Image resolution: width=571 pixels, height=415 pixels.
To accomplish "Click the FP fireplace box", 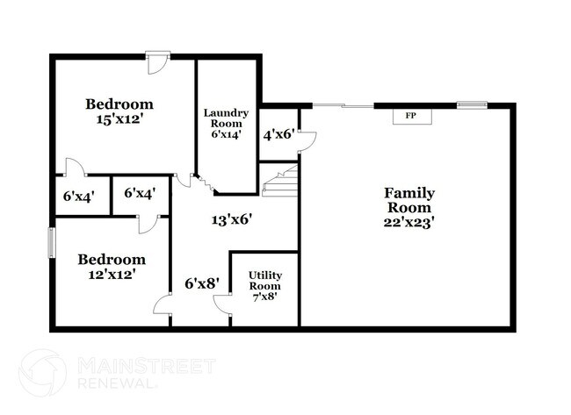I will [409, 117].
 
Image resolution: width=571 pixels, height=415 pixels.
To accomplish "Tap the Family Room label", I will [408, 201].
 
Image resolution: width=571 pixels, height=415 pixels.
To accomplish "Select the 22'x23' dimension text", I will [408, 224].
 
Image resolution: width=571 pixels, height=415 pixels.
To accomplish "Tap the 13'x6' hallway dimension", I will [233, 220].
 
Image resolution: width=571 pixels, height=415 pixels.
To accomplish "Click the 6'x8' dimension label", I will [201, 283].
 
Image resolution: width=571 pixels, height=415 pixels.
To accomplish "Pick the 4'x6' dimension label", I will [279, 135].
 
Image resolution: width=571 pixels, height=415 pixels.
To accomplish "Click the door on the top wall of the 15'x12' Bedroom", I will [157, 61].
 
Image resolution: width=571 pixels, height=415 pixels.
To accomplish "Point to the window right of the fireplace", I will [471, 106].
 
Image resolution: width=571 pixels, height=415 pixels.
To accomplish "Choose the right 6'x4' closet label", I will [141, 193].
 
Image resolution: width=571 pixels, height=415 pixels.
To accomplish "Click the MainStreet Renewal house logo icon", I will [41, 373].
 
